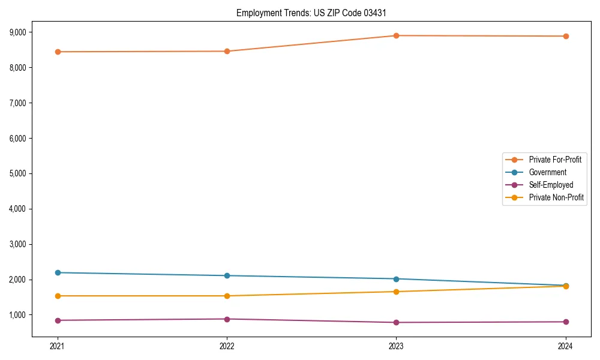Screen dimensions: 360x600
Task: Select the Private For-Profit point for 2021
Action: [58, 52]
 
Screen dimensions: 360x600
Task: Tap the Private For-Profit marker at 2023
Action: [396, 35]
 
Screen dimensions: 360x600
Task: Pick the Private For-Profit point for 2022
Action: [227, 51]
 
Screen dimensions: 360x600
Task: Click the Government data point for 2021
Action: [58, 272]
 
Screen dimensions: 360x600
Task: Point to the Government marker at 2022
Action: [227, 275]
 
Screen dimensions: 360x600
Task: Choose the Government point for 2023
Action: [396, 279]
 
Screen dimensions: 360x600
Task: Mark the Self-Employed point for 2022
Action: [227, 319]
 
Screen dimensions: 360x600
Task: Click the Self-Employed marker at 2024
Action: [566, 322]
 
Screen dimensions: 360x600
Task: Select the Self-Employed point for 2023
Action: [396, 323]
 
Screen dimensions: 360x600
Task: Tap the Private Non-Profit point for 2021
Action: [58, 296]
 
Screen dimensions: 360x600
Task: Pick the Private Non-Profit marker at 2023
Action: [396, 292]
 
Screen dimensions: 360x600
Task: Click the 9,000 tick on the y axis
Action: [25, 32]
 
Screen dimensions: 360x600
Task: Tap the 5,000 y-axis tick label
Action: [25, 173]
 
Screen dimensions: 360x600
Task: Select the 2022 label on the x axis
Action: [227, 346]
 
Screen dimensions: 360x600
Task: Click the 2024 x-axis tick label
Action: [566, 346]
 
